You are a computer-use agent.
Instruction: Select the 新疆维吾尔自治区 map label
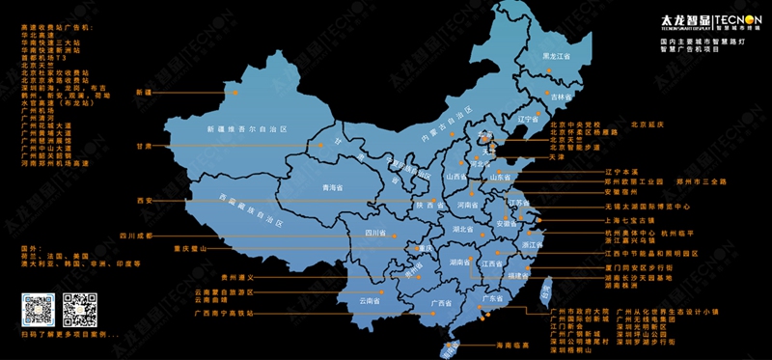247,128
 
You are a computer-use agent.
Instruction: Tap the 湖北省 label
464,230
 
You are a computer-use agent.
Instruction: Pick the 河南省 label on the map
468,205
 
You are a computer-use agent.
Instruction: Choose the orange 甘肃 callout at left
144,147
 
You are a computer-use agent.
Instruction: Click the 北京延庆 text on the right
649,125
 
